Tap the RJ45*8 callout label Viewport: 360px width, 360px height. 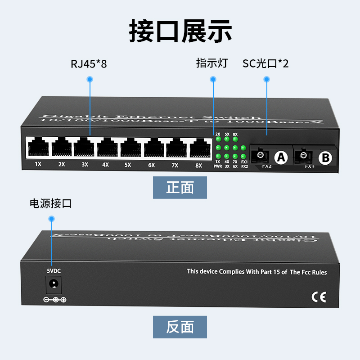point(89,63)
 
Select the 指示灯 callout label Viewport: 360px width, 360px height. point(212,63)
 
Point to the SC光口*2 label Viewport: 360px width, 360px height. point(265,63)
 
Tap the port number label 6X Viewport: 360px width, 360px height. point(152,165)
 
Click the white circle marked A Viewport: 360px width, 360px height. point(281,157)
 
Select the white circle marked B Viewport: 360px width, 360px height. point(325,157)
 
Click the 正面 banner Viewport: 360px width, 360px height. point(180,188)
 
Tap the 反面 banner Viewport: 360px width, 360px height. point(180,327)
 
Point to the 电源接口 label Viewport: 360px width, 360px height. point(50,204)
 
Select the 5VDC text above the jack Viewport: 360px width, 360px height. point(54,271)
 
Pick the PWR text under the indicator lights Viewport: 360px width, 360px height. point(218,166)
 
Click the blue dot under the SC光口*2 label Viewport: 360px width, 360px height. point(266,79)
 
